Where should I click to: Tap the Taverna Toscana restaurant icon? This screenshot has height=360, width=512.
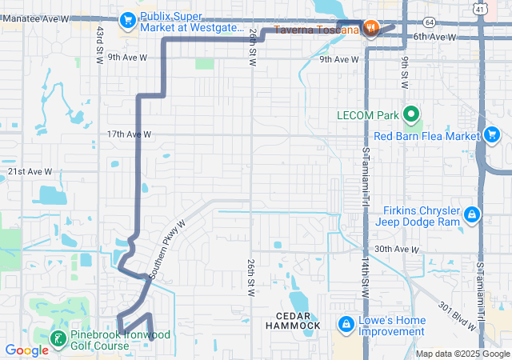pos(370,29)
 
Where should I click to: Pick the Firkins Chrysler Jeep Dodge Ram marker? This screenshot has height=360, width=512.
pos(473,214)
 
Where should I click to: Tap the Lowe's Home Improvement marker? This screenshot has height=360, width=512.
pos(346,325)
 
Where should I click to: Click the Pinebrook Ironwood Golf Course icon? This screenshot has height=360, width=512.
pos(58,339)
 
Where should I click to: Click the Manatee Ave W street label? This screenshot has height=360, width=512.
pos(35,18)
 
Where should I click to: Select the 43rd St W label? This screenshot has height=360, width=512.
pos(100,45)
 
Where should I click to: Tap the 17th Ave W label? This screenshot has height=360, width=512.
pos(128,134)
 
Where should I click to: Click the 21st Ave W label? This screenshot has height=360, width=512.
pos(30,171)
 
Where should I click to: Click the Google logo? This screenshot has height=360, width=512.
pos(27,350)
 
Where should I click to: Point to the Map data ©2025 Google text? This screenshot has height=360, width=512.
pos(462,354)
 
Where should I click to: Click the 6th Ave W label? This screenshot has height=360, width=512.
pos(434,37)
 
